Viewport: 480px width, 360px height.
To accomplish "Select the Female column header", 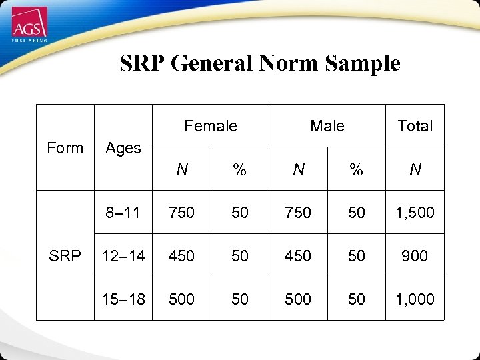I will [x=210, y=125].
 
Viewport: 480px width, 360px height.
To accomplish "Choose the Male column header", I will [x=327, y=125].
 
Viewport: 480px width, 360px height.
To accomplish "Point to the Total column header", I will [x=415, y=125].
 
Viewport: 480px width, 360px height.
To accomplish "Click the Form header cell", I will [x=65, y=147].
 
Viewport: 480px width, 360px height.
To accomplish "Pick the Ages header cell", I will [x=123, y=147].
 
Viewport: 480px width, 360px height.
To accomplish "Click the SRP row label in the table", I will [x=65, y=255].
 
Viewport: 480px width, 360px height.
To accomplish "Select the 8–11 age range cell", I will [x=123, y=213].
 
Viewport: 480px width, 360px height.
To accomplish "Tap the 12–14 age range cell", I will [x=123, y=256].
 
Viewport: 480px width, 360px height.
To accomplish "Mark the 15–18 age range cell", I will [x=123, y=299].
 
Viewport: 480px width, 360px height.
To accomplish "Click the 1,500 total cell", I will [x=415, y=213].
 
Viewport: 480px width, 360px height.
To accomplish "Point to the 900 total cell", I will [x=415, y=256].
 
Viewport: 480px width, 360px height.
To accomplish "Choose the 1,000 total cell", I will [x=415, y=299].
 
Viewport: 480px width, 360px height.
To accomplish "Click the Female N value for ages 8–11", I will [x=181, y=213].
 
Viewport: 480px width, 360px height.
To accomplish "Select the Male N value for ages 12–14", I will [x=298, y=256].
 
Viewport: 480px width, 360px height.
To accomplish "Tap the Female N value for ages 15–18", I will [x=181, y=299].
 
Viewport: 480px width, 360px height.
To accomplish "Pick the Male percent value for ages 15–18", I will [x=357, y=299].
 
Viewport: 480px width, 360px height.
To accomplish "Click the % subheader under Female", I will [x=239, y=170].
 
